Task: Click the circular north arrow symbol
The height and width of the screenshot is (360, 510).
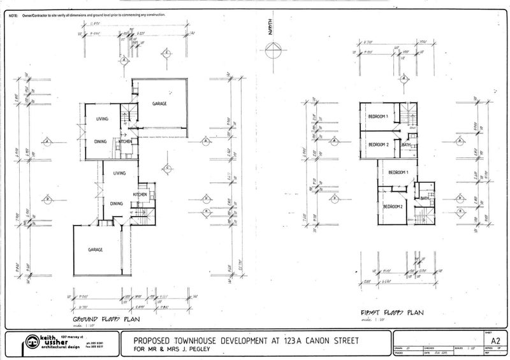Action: point(272,51)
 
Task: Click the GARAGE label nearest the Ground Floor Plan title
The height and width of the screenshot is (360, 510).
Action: point(96,250)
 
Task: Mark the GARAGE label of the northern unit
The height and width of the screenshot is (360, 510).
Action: point(159,103)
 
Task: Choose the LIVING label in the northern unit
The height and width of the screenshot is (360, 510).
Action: point(102,119)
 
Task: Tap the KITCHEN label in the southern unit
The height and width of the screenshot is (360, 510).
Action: point(140,194)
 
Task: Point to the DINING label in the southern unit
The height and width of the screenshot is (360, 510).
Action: point(116,203)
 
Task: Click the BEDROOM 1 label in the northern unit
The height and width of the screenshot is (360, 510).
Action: point(378,115)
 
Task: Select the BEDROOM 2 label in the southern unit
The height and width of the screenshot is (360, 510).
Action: point(393,206)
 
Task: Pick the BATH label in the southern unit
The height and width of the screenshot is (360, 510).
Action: point(425,198)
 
